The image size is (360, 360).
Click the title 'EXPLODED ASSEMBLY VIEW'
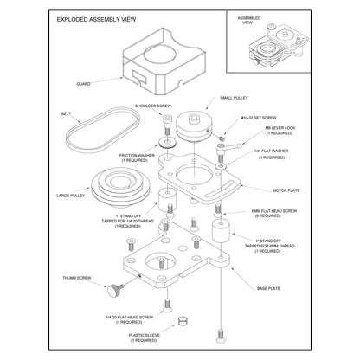point(96,17)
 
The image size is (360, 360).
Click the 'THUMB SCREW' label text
point(78,278)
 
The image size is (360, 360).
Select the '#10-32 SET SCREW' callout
point(258,118)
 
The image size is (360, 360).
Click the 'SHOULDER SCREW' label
point(153,106)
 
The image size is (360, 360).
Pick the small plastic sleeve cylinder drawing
point(183,322)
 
